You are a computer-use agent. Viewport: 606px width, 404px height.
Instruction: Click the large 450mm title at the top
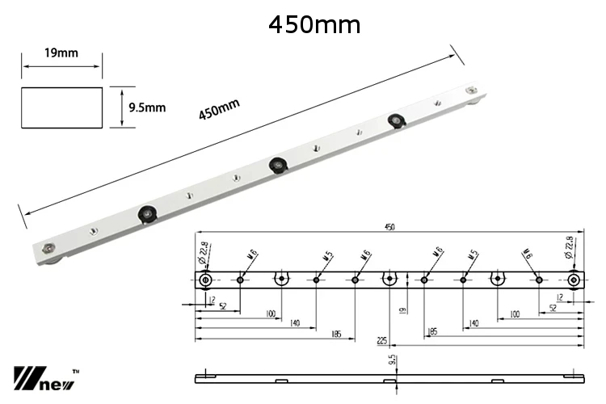point(314,24)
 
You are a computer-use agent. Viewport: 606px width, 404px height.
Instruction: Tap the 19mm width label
point(61,54)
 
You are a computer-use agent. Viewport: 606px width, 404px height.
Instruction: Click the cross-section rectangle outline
point(62,107)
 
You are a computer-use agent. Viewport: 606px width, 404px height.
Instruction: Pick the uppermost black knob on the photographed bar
point(395,122)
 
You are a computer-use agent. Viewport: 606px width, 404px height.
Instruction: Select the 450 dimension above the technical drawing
point(389,229)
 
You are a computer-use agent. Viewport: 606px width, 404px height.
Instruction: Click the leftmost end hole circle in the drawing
point(205,280)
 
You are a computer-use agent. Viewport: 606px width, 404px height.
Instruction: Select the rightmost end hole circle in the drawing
point(573,280)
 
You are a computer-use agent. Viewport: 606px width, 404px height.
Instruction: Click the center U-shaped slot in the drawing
point(389,280)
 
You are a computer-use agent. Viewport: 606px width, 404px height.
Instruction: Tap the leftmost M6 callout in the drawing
point(252,257)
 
